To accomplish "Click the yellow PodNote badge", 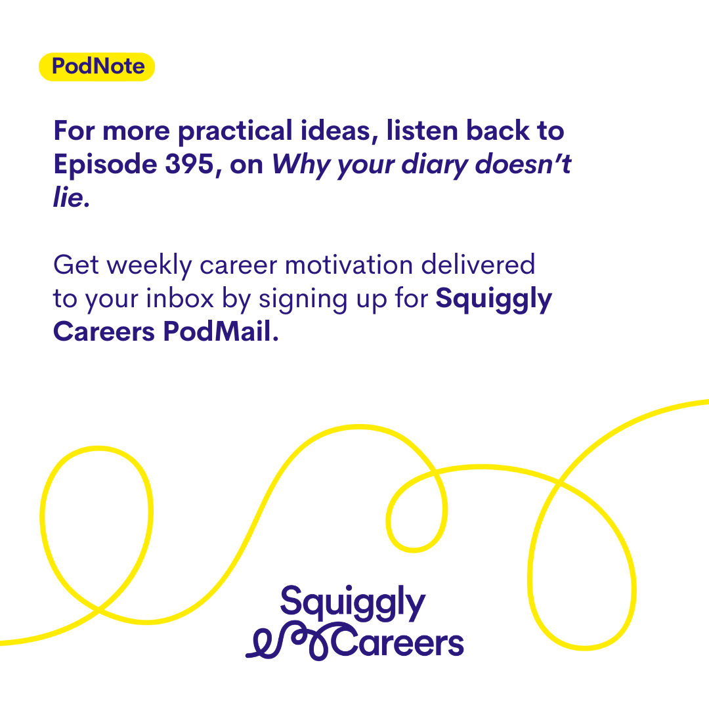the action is pyautogui.click(x=97, y=67).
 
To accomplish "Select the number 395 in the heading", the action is pyautogui.click(x=189, y=163).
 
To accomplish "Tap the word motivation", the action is pyautogui.click(x=349, y=265).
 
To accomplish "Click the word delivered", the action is pyautogui.click(x=478, y=265).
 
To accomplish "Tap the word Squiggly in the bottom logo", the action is pyautogui.click(x=353, y=603).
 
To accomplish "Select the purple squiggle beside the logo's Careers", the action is pyautogui.click(x=288, y=641).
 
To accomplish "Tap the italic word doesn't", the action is pyautogui.click(x=523, y=163).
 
